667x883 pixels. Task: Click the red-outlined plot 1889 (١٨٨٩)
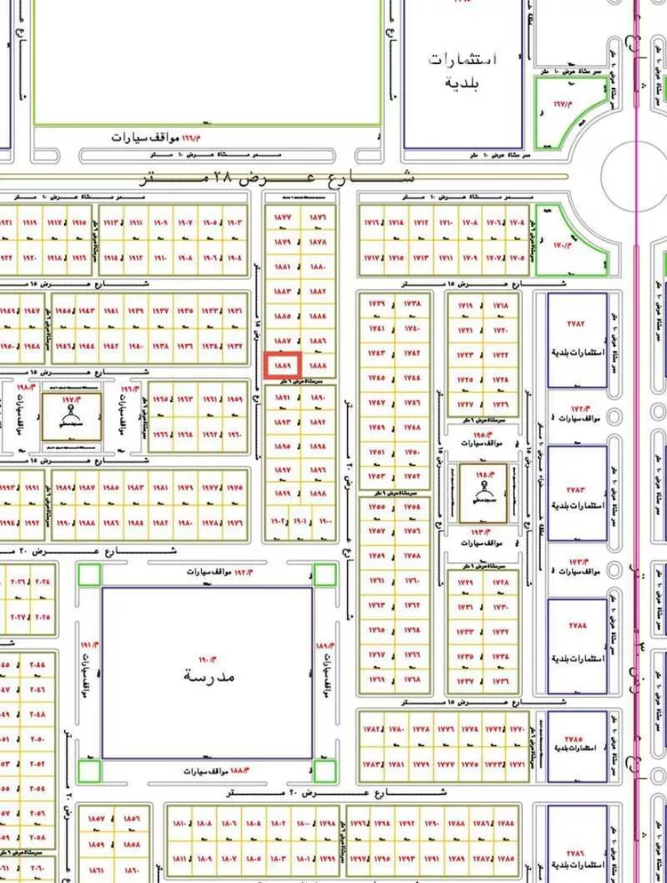click(283, 365)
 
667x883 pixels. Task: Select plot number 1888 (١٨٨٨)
click(318, 365)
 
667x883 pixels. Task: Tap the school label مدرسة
click(208, 676)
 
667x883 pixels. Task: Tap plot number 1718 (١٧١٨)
click(501, 305)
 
